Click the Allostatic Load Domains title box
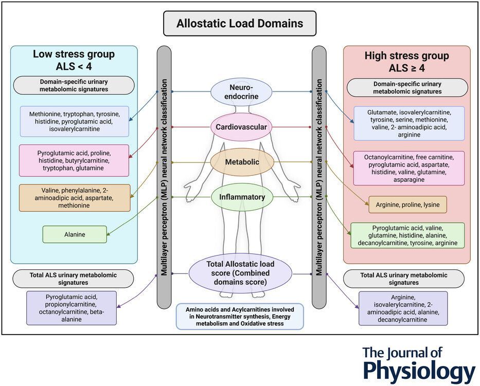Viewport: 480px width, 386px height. [240, 24]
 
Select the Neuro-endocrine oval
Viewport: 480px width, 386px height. [240, 91]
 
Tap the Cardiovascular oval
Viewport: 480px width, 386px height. [240, 126]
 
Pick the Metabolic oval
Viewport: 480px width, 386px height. [240, 162]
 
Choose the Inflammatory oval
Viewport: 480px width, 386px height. [240, 197]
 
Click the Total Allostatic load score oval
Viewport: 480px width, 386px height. [240, 273]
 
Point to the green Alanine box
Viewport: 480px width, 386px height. [75, 234]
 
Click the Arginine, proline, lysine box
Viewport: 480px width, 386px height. [407, 205]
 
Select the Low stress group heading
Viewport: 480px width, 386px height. [74, 61]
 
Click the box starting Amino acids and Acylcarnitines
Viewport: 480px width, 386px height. [240, 316]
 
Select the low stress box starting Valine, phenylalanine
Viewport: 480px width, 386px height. [74, 197]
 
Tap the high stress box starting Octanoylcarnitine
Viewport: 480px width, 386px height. [408, 168]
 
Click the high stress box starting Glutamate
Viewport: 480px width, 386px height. [408, 123]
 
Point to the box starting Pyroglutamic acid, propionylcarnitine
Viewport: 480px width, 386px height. [71, 308]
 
